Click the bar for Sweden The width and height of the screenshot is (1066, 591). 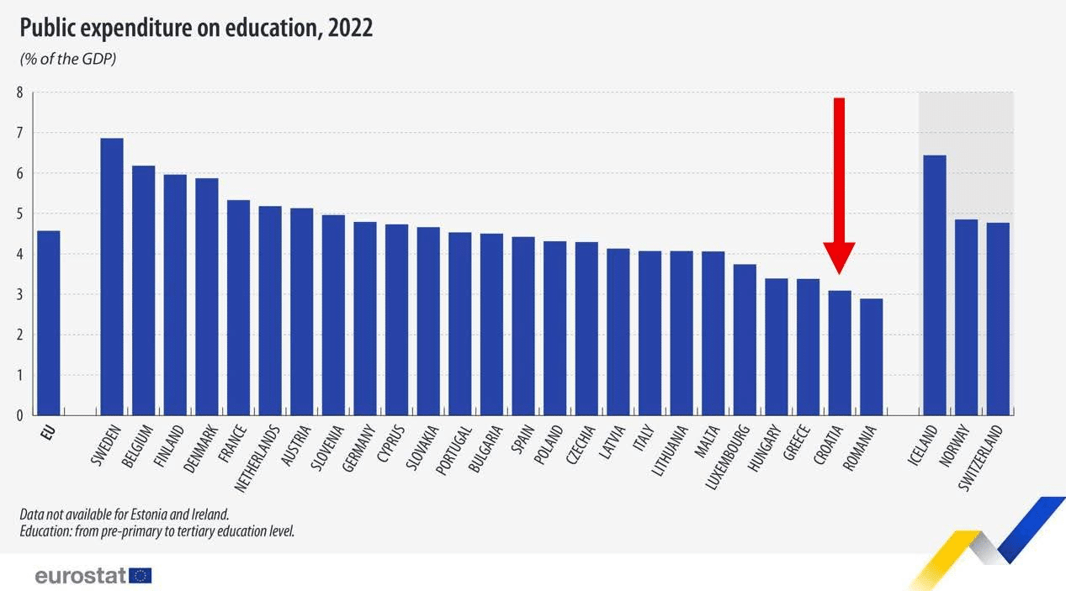point(112,277)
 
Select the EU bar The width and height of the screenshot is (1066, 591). point(49,323)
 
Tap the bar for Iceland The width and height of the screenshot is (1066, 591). point(935,285)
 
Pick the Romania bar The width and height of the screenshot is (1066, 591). point(872,356)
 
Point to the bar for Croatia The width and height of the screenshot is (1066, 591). point(840,353)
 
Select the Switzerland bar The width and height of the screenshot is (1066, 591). point(998,319)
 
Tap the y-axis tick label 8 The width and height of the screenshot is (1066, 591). point(19,92)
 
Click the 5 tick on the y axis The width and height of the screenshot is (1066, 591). point(19,214)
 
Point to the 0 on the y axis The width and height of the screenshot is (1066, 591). point(19,415)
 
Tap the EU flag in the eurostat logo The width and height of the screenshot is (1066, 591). point(141,576)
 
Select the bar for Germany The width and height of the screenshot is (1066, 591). point(364,319)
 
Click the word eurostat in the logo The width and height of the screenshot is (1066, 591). point(81,576)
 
